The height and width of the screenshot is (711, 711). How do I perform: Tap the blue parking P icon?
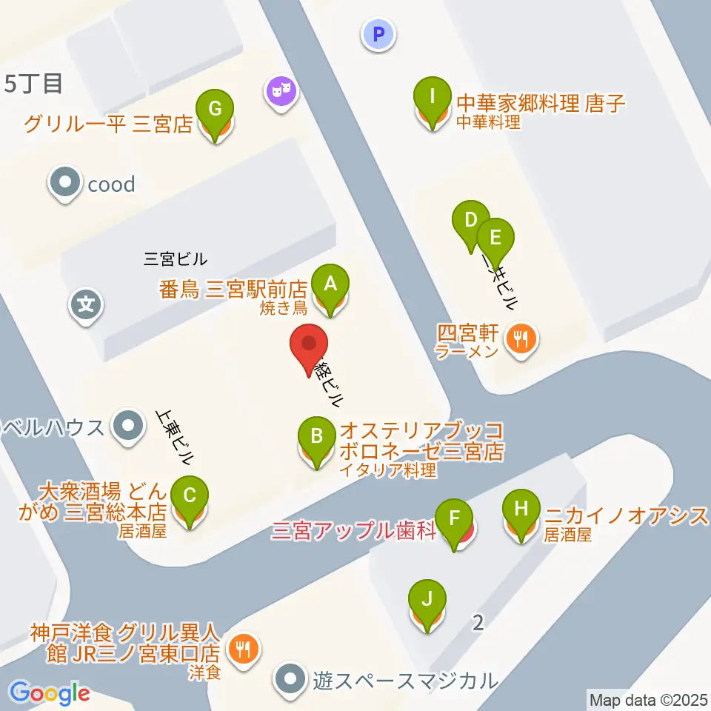(x=378, y=34)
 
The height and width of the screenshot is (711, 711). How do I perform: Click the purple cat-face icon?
(x=281, y=92)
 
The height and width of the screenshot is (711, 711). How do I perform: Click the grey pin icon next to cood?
(x=65, y=183)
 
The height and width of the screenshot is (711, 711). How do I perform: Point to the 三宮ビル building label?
(x=176, y=259)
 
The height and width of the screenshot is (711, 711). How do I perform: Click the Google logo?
(x=49, y=693)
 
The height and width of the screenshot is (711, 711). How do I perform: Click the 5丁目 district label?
(x=33, y=84)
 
